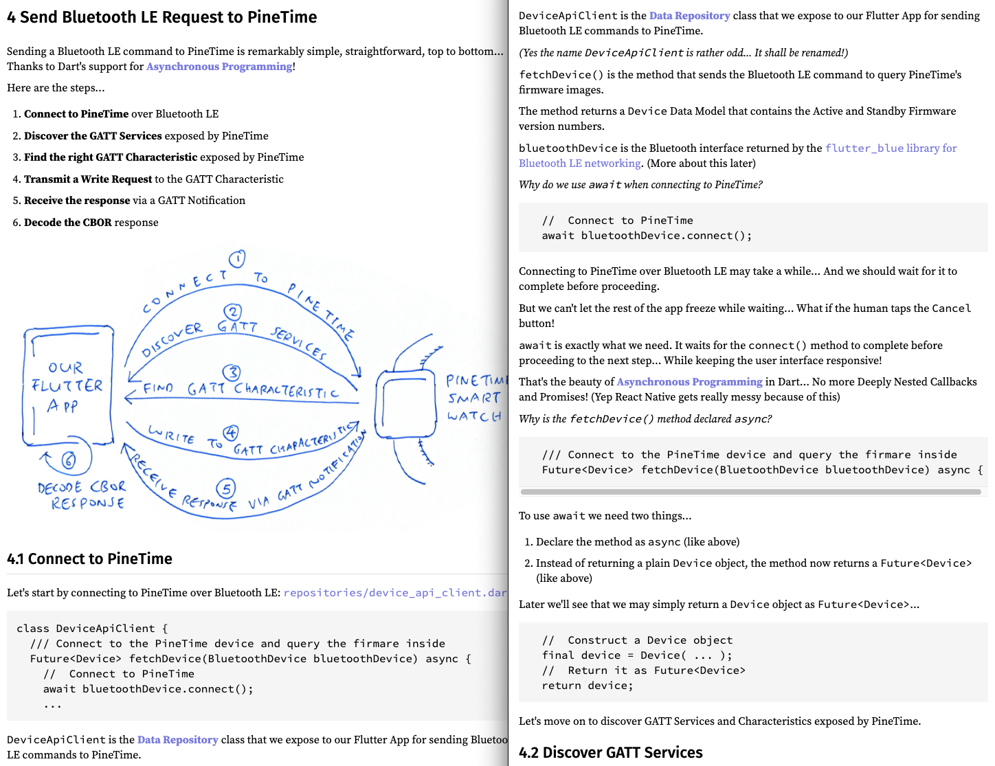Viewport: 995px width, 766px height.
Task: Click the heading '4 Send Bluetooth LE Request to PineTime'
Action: pyautogui.click(x=161, y=17)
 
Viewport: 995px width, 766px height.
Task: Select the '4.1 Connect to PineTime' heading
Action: pyautogui.click(x=89, y=559)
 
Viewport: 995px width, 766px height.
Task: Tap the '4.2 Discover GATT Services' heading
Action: pyautogui.click(x=610, y=752)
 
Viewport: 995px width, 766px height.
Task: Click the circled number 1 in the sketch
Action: pyautogui.click(x=237, y=259)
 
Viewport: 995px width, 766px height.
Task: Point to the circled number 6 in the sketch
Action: pyautogui.click(x=68, y=460)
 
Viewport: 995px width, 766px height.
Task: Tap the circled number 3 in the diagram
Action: pyautogui.click(x=232, y=372)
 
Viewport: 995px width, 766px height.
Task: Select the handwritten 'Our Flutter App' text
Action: pyautogui.click(x=67, y=386)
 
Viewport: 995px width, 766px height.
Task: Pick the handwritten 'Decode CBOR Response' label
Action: pyautogui.click(x=82, y=495)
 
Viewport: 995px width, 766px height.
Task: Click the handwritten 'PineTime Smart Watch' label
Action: pyautogui.click(x=474, y=398)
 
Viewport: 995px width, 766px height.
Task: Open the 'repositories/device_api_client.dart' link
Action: pyautogui.click(x=394, y=592)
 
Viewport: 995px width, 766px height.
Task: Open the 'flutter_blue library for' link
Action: pyautogui.click(x=891, y=148)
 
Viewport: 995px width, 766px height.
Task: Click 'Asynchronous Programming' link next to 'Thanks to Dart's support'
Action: pyautogui.click(x=219, y=67)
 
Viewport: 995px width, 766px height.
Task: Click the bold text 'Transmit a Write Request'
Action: pyautogui.click(x=88, y=179)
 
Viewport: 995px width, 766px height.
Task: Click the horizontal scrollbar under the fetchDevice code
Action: pyautogui.click(x=750, y=492)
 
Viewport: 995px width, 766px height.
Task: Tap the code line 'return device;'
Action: pyautogui.click(x=587, y=685)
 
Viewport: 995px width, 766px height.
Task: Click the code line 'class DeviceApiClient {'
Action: pyautogui.click(x=91, y=628)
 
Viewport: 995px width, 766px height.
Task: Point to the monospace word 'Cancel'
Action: pyautogui.click(x=951, y=308)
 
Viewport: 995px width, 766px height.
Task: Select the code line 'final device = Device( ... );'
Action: pyautogui.click(x=636, y=655)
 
